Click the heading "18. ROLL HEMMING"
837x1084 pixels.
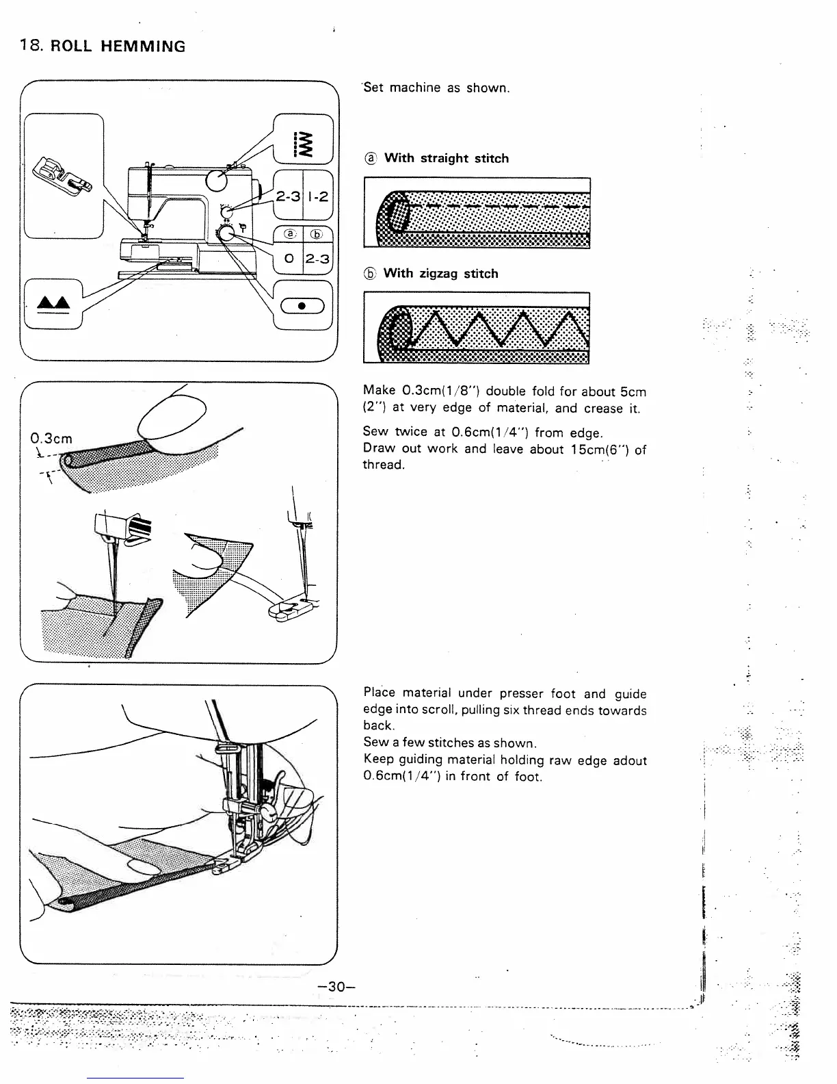103,47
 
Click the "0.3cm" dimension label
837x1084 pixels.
51,438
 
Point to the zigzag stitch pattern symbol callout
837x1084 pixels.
303,144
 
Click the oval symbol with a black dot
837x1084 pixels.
302,306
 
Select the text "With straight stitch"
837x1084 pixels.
446,158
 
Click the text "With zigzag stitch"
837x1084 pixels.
440,274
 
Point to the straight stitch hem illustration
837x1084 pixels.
477,213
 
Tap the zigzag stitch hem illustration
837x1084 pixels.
477,328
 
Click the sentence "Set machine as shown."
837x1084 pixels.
437,88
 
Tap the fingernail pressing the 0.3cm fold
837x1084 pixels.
173,417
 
